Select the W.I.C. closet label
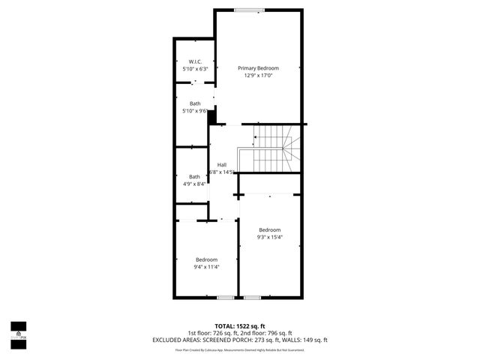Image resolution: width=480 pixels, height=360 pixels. coord(194,61)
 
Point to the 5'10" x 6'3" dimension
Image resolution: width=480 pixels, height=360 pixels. coord(194,69)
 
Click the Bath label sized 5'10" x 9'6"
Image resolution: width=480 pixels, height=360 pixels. coord(195,103)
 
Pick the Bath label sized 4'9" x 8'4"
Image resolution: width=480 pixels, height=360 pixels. coord(194,176)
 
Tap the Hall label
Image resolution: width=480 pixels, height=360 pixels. coord(222,165)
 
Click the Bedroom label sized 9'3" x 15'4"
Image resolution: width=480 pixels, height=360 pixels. coord(270,229)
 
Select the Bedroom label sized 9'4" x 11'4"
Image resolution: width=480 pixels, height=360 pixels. coord(206,259)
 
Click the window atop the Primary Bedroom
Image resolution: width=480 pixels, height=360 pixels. coord(248,10)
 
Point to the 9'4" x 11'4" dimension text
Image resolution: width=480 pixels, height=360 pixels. coord(206,266)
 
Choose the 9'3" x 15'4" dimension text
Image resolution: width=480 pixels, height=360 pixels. coord(270,237)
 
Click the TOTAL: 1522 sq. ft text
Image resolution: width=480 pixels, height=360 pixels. coord(240,326)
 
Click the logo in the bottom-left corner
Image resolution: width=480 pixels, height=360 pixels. coord(17,331)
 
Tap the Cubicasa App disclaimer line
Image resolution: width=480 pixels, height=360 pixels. coord(240,349)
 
